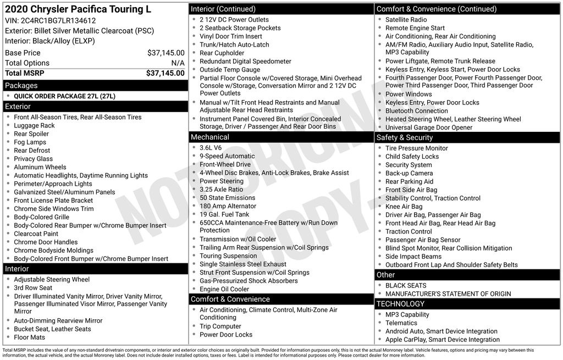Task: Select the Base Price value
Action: [x=165, y=53]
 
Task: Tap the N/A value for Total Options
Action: [x=178, y=63]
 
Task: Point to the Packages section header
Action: [x=21, y=86]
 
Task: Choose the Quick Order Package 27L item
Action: [x=65, y=96]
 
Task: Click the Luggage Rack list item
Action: [x=34, y=125]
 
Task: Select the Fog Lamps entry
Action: [x=30, y=142]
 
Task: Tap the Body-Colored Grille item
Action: [x=42, y=217]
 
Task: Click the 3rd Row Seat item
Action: [x=33, y=287]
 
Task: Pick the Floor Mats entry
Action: [x=30, y=337]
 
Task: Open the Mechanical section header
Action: [x=209, y=137]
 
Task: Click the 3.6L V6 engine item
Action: [x=211, y=148]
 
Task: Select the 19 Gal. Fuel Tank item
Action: [x=224, y=214]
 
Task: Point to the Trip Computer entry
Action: [x=220, y=326]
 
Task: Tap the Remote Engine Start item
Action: [x=415, y=28]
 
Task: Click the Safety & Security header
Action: [x=405, y=137]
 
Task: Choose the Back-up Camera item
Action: [x=409, y=173]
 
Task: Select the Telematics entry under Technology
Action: [x=401, y=323]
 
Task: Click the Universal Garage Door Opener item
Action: [x=429, y=128]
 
